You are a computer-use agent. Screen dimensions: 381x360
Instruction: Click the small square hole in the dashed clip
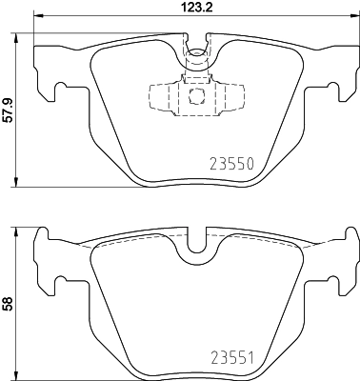tap(195, 96)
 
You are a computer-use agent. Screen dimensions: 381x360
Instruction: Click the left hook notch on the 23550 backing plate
tap(62, 91)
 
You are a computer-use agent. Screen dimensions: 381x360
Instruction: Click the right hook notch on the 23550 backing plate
tap(330, 91)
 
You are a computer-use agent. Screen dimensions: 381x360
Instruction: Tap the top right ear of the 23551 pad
tap(349, 236)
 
